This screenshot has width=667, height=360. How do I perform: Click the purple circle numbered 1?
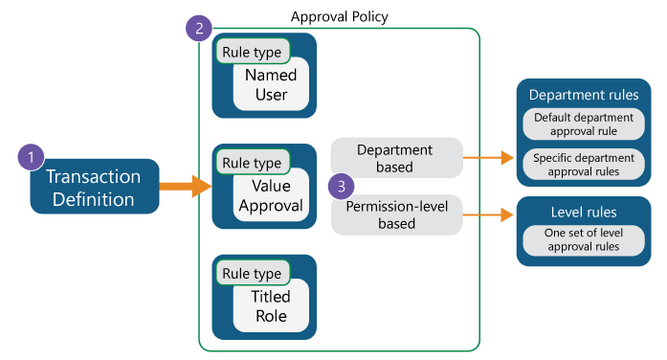(x=33, y=157)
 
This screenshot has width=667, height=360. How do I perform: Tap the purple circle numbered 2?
(x=198, y=29)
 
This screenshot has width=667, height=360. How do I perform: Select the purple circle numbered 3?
(x=340, y=186)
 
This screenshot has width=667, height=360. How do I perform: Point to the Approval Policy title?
(x=339, y=17)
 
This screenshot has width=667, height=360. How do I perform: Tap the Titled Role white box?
(x=272, y=306)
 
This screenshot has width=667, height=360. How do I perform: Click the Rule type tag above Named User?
(x=252, y=52)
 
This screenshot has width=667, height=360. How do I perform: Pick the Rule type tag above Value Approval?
(x=252, y=164)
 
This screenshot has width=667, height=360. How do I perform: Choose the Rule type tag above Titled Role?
(x=252, y=274)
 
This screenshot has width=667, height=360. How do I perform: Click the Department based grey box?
(x=395, y=158)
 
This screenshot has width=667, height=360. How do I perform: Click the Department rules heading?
(x=584, y=96)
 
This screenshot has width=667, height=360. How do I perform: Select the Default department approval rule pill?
(x=584, y=124)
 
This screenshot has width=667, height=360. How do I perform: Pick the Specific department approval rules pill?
(x=584, y=164)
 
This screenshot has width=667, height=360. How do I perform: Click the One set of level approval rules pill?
(x=584, y=239)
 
